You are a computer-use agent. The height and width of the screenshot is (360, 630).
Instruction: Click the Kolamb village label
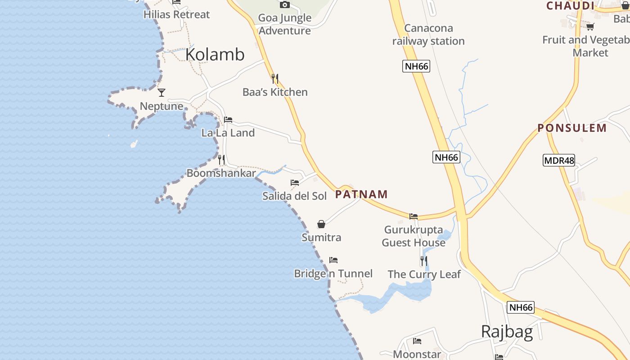215,54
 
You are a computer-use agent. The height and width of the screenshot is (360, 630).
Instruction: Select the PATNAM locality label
361,194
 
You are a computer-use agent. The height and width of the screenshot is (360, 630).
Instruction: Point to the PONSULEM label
572,128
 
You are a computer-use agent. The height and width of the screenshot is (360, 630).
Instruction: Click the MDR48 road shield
558,160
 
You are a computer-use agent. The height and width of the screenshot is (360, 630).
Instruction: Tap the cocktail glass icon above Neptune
162,93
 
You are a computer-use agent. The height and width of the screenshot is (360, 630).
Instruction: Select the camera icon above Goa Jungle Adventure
284,5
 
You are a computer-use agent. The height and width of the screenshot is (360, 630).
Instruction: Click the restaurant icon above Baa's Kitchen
275,79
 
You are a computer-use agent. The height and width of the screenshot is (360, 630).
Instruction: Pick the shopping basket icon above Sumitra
321,224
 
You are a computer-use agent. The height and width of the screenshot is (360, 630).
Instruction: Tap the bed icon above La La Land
228,120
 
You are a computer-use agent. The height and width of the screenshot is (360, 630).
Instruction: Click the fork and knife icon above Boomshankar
221,160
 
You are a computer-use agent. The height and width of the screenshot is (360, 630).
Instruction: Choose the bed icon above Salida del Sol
295,183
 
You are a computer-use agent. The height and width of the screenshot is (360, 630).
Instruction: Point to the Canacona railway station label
428,35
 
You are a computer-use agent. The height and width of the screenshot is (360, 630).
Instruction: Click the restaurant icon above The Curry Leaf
424,261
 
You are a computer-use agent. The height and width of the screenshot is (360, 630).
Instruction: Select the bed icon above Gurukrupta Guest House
414,216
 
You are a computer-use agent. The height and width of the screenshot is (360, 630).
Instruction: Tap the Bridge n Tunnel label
333,274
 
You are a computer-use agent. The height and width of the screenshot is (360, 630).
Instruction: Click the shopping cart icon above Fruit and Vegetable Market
590,27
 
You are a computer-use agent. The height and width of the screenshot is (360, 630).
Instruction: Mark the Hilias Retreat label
176,14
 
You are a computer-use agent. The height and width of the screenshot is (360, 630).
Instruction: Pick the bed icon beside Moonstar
417,341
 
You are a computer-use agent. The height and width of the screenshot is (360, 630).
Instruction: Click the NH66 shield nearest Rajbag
521,308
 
